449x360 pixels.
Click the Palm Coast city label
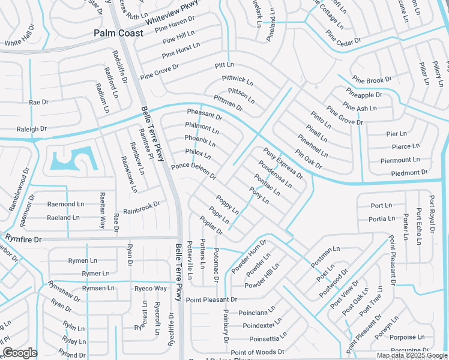click(118, 33)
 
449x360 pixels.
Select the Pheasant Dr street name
click(204, 115)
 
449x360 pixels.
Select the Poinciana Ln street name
click(257, 313)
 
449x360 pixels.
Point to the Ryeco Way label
click(151, 289)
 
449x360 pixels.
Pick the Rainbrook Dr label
click(142, 208)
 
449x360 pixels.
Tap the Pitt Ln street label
click(224, 65)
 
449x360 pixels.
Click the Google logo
click(19, 353)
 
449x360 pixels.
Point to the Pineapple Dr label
click(364, 95)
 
